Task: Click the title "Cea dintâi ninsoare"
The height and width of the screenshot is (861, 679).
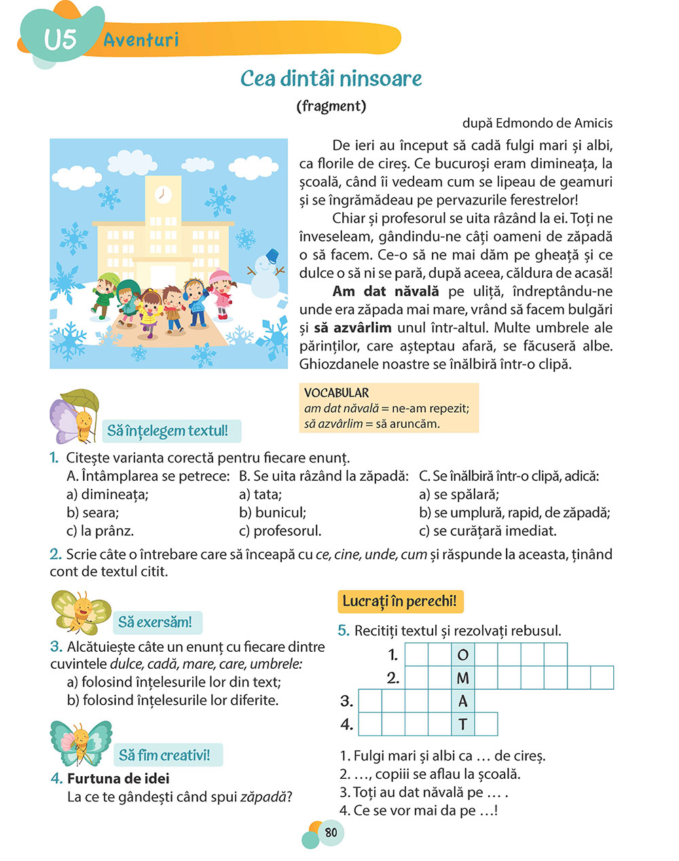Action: pyautogui.click(x=331, y=79)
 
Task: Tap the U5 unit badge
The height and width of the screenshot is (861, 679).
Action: pyautogui.click(x=60, y=39)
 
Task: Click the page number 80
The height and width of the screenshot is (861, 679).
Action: pyautogui.click(x=331, y=832)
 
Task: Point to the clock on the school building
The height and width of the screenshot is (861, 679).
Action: pyautogui.click(x=162, y=194)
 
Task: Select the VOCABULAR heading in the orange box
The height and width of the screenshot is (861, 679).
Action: pyautogui.click(x=337, y=393)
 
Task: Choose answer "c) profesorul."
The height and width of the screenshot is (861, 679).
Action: pyautogui.click(x=280, y=531)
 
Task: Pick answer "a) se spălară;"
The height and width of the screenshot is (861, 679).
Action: pyautogui.click(x=459, y=494)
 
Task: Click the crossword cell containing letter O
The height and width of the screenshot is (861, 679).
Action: pyautogui.click(x=463, y=655)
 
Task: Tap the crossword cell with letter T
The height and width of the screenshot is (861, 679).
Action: pyautogui.click(x=463, y=725)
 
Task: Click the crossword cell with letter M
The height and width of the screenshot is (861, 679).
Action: pyautogui.click(x=463, y=678)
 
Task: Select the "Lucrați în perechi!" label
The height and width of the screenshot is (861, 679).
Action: pyautogui.click(x=399, y=602)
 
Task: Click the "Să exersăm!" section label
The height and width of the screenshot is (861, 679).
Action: pyautogui.click(x=155, y=622)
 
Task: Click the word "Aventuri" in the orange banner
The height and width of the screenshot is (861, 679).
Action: pyautogui.click(x=141, y=40)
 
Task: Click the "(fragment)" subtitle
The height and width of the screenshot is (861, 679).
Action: pyautogui.click(x=331, y=106)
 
